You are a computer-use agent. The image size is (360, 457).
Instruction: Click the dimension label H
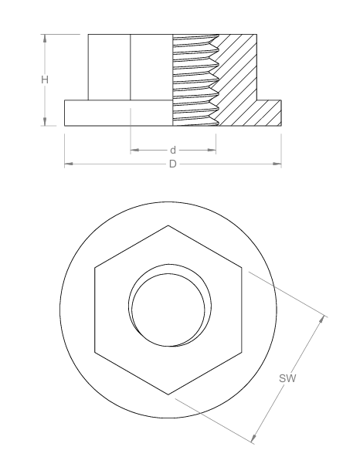(45, 80)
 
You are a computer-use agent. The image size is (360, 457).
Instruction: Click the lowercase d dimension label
(173, 150)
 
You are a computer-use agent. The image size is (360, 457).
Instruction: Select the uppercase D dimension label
(173, 164)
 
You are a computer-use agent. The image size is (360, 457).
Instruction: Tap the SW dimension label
(287, 378)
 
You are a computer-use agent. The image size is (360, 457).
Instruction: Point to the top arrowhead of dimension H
(45, 38)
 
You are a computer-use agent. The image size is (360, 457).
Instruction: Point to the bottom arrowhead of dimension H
(45, 122)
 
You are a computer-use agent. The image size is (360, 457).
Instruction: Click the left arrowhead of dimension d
(134, 150)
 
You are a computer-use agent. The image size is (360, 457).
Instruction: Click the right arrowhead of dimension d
(212, 150)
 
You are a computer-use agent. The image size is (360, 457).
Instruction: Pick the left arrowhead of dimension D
(69, 164)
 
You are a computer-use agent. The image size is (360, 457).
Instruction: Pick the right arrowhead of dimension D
(277, 164)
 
